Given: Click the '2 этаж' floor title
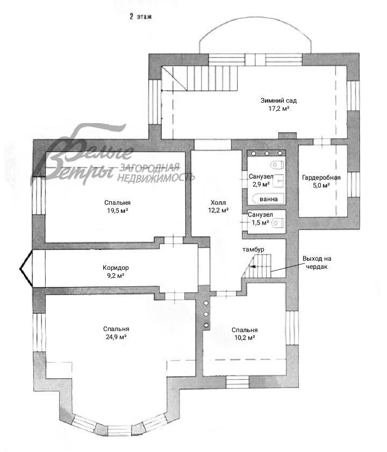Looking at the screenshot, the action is coord(140,17).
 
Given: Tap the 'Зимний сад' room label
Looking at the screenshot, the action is coord(278,101).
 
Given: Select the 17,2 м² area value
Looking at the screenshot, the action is coord(278,109).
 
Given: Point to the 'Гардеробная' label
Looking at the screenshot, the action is coord(321,177).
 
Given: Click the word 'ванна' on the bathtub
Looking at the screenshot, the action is coord(268,199).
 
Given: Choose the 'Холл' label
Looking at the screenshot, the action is coord(218,203).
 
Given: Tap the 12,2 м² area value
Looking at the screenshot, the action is coord(218,211).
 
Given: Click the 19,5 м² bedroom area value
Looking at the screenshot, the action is coord(117,211).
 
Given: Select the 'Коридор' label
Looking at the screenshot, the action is coord(116,268).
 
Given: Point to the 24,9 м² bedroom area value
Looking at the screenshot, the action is coord(116,337).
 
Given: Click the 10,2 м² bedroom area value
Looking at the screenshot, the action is coord(245,338).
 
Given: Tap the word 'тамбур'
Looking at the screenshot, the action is coord(253,249).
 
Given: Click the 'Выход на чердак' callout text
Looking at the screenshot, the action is coord(317,263).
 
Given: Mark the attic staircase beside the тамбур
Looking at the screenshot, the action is coord(256,266).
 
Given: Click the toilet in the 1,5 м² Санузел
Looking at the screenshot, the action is coord(278,223).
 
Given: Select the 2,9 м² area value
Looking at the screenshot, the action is coord(261,184).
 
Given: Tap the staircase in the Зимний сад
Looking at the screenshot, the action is coord(199,78).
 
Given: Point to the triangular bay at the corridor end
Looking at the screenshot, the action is coord(26,269).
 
